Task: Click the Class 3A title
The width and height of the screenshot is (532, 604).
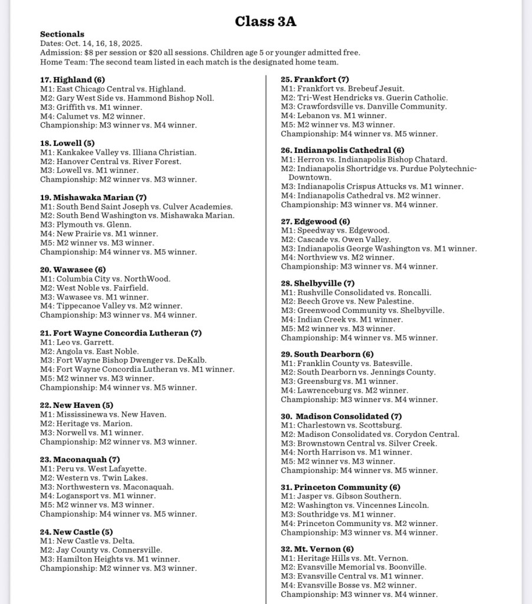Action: (x=265, y=22)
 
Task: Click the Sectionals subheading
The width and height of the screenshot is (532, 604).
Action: (x=62, y=34)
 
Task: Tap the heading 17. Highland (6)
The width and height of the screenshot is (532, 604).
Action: (x=73, y=80)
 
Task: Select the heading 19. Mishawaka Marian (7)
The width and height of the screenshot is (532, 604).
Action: (x=93, y=198)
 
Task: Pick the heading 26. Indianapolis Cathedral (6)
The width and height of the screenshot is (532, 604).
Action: (x=343, y=151)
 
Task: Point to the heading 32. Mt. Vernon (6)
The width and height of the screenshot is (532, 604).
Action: (x=317, y=549)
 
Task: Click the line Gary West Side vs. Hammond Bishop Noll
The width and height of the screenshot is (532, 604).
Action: (x=127, y=98)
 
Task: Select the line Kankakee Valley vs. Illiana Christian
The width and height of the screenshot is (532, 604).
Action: (x=118, y=152)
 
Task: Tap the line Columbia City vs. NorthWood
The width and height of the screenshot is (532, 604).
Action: (x=105, y=279)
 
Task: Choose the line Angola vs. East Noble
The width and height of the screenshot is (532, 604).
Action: (x=90, y=351)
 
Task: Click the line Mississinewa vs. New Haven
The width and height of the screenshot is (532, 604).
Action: (x=103, y=414)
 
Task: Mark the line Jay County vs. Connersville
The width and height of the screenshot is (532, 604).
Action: (x=101, y=550)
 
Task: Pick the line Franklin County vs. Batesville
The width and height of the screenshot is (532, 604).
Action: (x=346, y=364)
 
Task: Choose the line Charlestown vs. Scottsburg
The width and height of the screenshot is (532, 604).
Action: (x=341, y=425)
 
